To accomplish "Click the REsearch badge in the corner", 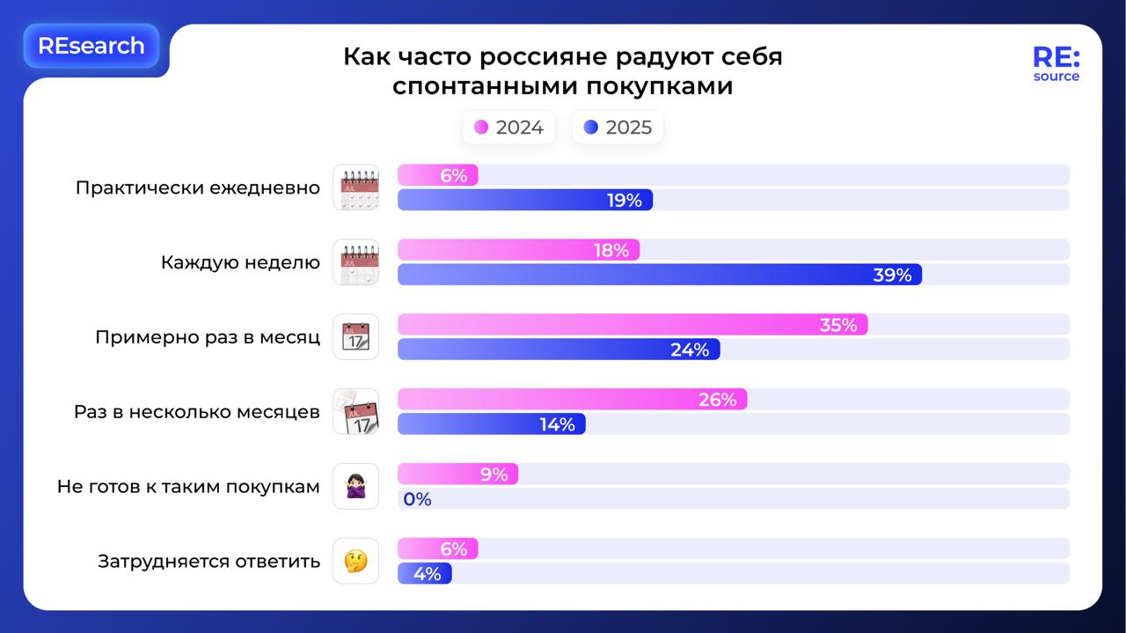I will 91,46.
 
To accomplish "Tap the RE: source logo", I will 1056,63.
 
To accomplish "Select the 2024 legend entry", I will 508,128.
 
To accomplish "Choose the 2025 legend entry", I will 618,128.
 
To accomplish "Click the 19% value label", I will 624,201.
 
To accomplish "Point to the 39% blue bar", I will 659,275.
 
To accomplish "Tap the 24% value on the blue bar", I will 689,350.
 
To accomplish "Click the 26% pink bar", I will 572,400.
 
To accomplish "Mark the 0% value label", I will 417,499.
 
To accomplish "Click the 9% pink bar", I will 457,475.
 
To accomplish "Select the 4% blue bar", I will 425,574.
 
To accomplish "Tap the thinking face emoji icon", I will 355,562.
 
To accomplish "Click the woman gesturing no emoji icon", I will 355,487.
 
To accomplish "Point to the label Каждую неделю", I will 240,262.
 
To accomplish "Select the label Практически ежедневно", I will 197,188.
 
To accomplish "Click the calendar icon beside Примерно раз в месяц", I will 355,337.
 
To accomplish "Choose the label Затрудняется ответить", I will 208,562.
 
